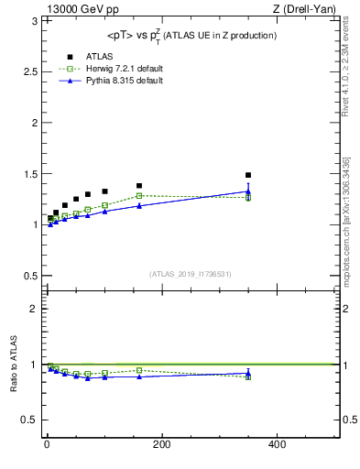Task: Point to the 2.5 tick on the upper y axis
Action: point(28,71)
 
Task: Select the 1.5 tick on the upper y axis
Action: point(28,173)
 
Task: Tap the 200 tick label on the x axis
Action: point(161,445)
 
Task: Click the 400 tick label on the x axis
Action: point(277,445)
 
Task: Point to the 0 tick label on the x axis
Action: point(47,445)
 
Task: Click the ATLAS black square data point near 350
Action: point(248,175)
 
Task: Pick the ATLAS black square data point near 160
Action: point(139,186)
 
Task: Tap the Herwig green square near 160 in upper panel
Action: point(139,195)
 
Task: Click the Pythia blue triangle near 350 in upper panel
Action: point(248,191)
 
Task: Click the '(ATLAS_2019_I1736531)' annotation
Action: point(191,274)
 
